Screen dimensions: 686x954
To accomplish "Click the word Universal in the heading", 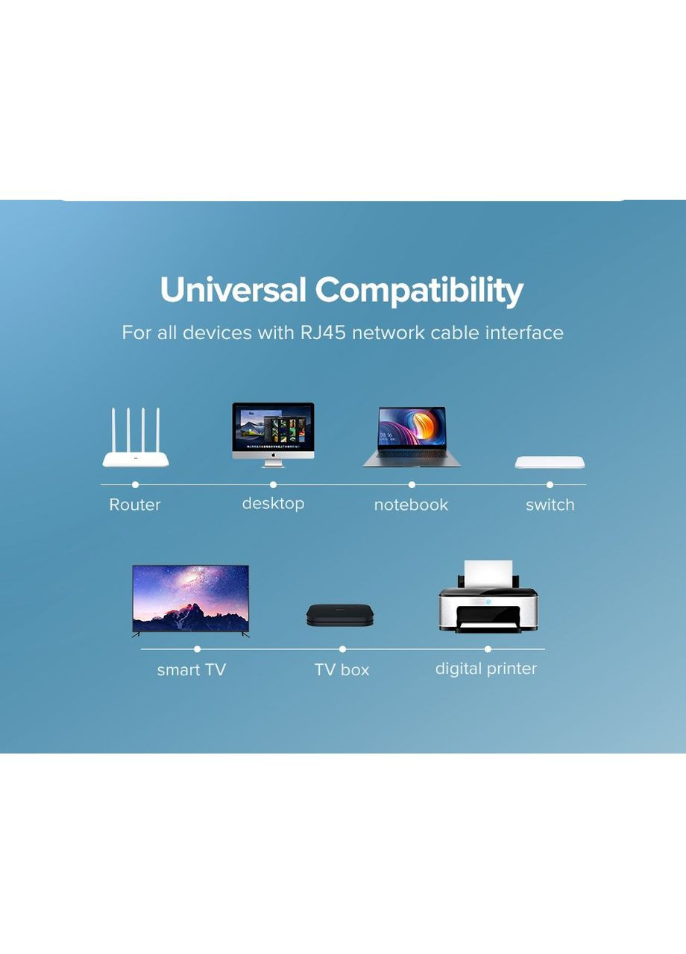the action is click(x=233, y=290).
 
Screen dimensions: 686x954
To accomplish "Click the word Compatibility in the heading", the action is click(x=419, y=291).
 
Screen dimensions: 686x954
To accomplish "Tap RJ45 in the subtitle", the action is click(x=323, y=332).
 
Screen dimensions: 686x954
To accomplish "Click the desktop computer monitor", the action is click(x=273, y=435).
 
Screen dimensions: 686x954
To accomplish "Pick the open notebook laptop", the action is click(x=412, y=437).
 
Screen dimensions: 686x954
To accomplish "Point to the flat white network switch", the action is click(x=550, y=463).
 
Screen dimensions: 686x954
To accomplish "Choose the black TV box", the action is click(x=339, y=615).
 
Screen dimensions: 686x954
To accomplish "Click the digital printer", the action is click(x=488, y=597).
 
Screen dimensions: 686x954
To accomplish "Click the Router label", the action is click(x=135, y=505).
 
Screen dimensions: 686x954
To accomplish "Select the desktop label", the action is click(x=273, y=504).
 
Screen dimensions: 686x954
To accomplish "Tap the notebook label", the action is click(x=411, y=505).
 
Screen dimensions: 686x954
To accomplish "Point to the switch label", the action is click(x=550, y=505).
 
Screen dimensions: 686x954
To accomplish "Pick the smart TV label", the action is click(x=192, y=670).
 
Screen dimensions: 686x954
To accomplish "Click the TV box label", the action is click(x=342, y=670).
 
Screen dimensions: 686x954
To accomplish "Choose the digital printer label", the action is click(x=485, y=669).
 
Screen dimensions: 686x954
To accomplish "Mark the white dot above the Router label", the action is click(x=136, y=484).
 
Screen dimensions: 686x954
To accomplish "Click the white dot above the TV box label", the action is click(x=342, y=649).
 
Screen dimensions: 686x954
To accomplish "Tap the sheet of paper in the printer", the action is click(x=488, y=574).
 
